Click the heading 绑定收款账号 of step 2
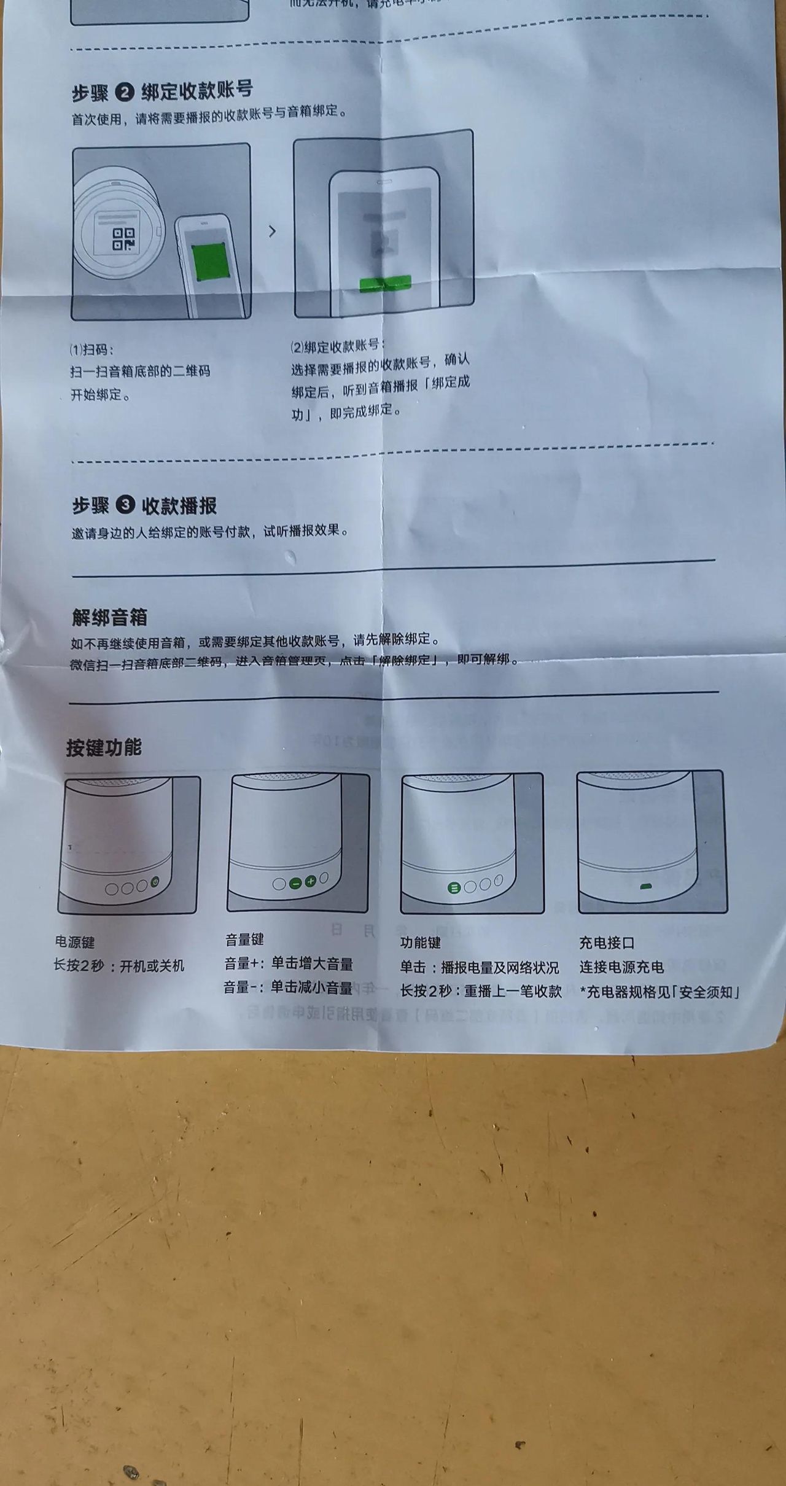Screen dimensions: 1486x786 click(197, 90)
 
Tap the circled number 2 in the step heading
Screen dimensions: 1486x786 click(125, 93)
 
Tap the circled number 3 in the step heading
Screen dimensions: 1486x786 click(125, 505)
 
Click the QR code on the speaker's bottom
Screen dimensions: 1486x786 click(123, 239)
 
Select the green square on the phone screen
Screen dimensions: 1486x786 click(208, 260)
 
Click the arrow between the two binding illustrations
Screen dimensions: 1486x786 click(272, 231)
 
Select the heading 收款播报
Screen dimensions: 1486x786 click(179, 506)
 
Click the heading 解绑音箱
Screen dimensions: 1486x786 click(109, 617)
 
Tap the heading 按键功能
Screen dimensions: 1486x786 click(104, 747)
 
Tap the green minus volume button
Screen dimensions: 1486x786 click(295, 883)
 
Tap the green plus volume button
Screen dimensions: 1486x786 click(310, 882)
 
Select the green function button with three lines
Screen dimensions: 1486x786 click(454, 888)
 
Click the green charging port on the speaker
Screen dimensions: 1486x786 click(645, 887)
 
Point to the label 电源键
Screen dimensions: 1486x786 click(75, 942)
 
